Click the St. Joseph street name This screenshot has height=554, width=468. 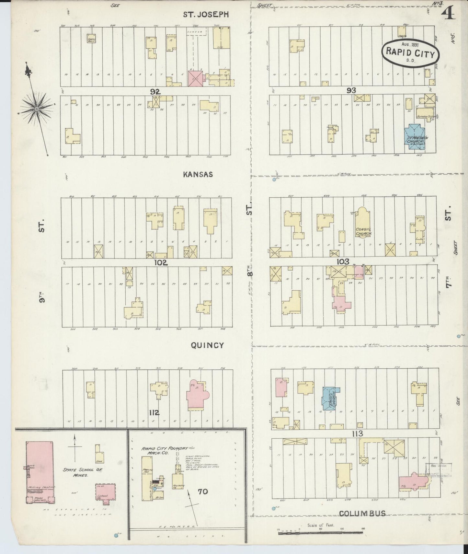tap(206, 15)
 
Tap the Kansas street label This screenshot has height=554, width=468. tap(198, 174)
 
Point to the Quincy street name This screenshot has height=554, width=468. tap(207, 345)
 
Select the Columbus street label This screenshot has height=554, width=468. tap(362, 513)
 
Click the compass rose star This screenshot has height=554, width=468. tap(37, 109)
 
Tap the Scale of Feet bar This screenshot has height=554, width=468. tap(320, 532)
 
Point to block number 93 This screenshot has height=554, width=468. tap(351, 90)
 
